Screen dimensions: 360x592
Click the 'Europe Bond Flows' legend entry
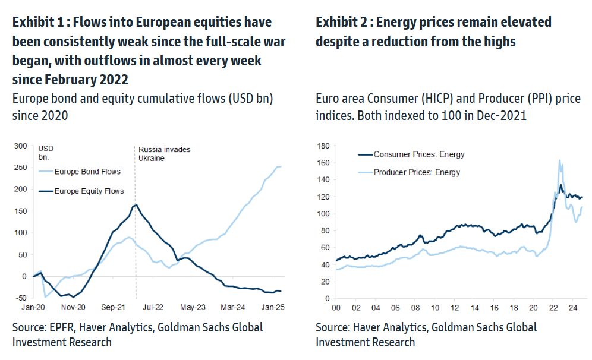[87, 172]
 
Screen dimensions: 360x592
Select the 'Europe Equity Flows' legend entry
[89, 191]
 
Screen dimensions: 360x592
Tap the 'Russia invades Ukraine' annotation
[165, 154]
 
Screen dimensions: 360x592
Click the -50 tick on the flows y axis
[20, 298]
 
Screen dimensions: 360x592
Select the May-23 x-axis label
[193, 308]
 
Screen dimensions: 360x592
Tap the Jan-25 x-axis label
[272, 308]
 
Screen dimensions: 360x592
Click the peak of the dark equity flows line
[137, 205]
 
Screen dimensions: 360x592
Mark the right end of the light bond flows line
[281, 167]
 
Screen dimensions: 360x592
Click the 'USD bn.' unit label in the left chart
[46, 153]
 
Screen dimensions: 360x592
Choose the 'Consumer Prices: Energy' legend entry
[419, 154]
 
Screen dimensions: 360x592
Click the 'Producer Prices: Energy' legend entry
[417, 173]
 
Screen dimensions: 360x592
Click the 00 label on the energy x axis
[335, 308]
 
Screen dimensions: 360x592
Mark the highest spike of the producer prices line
[559, 160]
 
